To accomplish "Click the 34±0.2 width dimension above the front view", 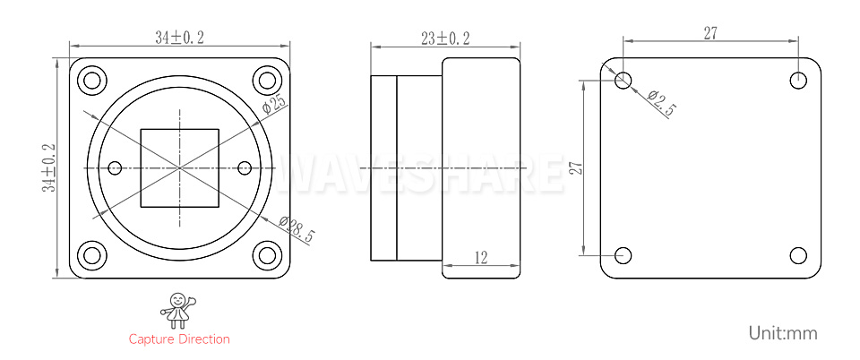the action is (x=179, y=38).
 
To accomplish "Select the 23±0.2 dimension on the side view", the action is (x=445, y=39).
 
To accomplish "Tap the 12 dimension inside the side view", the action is (x=480, y=257).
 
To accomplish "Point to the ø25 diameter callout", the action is (x=274, y=102).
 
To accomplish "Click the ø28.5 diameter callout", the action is (x=297, y=229).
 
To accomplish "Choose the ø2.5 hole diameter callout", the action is (x=661, y=103).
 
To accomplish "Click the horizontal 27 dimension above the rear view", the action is (x=710, y=33).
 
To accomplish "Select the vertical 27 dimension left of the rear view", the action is (x=575, y=167).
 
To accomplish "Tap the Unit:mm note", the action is (x=783, y=332).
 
